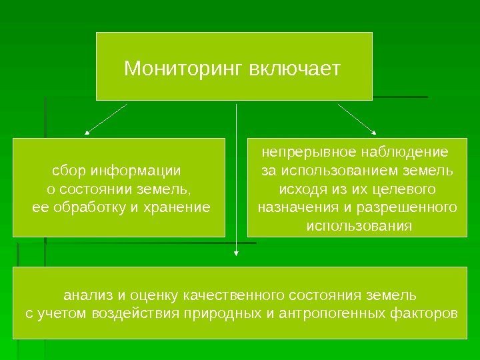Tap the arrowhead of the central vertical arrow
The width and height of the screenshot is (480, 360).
pos(235,252)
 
